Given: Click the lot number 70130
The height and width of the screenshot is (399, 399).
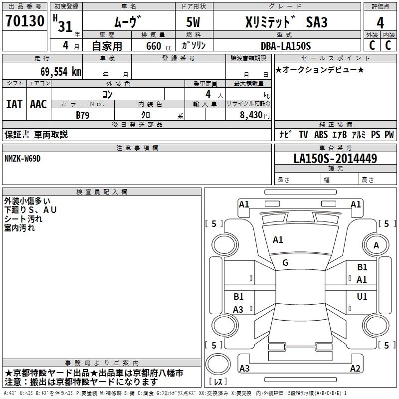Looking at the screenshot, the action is coord(25,20).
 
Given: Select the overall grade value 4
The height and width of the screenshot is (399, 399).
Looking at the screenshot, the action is coord(380,23).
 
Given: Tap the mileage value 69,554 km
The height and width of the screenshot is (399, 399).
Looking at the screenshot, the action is coord(61,72).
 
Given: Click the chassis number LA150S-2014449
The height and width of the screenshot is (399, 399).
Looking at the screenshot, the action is coord(335,158).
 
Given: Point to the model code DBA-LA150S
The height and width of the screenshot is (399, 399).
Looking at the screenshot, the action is coord(286,46).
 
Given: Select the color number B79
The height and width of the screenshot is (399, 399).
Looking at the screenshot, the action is coord(83,115).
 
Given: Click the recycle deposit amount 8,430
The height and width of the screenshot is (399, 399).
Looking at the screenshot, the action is coord(251,115).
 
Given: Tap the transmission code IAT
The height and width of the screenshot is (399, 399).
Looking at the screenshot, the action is coord(14,104).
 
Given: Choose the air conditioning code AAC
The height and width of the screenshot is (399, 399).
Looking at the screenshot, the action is coord(38,104).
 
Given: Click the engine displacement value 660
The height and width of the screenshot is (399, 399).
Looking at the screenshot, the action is coord(154,46).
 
